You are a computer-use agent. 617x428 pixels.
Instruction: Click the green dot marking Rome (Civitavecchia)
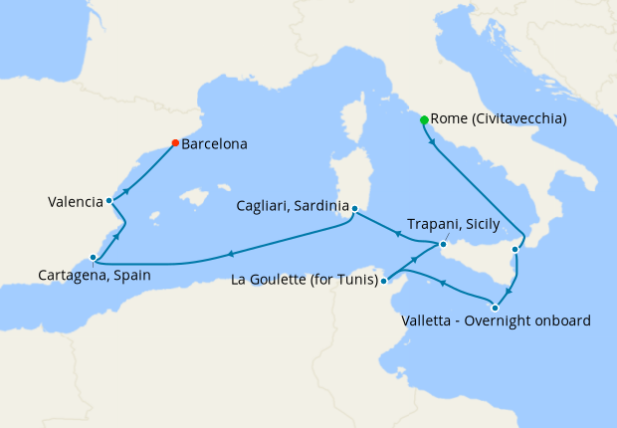(x=425, y=120)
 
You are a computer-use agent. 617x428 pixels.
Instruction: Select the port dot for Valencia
(x=109, y=201)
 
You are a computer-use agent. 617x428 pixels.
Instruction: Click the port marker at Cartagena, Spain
(x=93, y=256)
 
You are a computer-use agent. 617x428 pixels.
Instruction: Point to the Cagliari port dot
(x=354, y=209)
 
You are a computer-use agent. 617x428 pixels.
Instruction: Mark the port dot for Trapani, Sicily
(x=443, y=243)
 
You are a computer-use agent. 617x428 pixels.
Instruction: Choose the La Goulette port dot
(x=384, y=281)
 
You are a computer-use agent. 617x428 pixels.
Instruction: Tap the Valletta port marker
(x=496, y=307)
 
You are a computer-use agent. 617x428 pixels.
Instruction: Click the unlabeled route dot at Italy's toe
(x=514, y=249)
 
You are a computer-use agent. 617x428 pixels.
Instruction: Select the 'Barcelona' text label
(x=214, y=144)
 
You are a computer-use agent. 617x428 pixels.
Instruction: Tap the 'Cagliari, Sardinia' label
(x=292, y=206)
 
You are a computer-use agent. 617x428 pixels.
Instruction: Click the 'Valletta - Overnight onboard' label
(x=497, y=321)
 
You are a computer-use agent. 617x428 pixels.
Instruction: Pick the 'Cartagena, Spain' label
(x=95, y=275)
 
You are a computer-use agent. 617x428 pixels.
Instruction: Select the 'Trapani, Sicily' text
(x=453, y=225)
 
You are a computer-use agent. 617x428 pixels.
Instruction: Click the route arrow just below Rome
(x=432, y=142)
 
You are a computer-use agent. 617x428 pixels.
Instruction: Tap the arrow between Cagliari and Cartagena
(x=231, y=254)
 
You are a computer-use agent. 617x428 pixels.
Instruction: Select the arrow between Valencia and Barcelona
(x=125, y=190)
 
